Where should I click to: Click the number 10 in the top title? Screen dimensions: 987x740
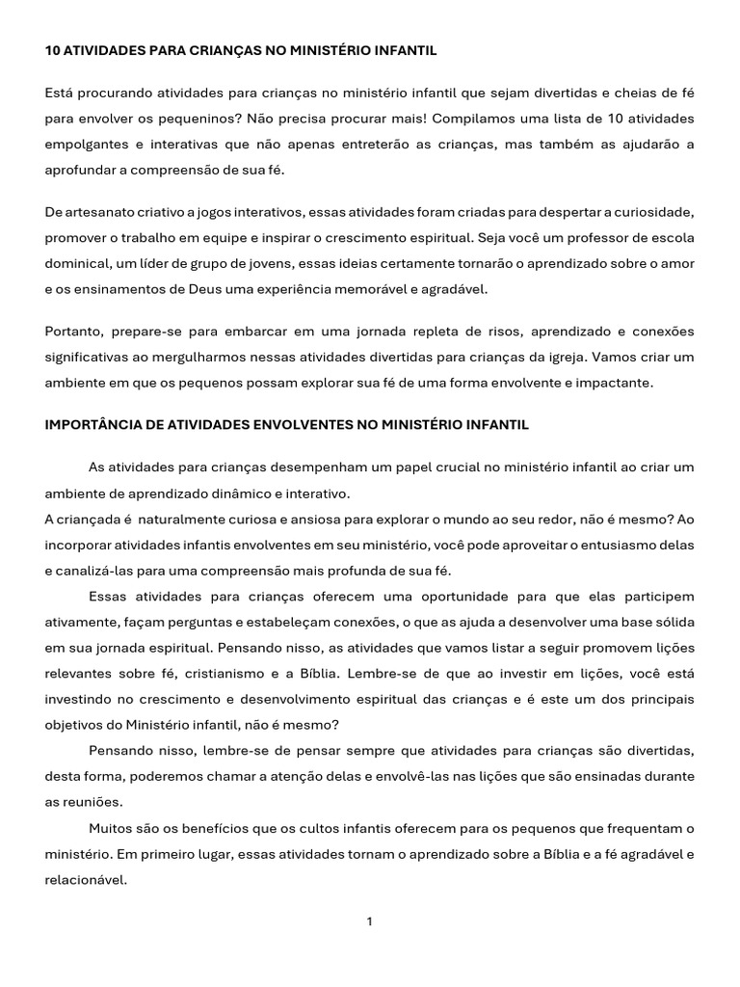[x=52, y=49]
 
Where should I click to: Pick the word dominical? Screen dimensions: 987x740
[x=79, y=263]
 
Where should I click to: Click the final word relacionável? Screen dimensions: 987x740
[x=86, y=879]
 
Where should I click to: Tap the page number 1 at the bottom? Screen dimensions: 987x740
[x=370, y=922]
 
